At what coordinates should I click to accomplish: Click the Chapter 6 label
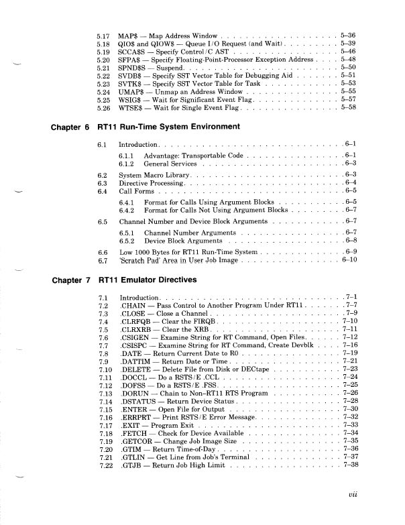pyautogui.click(x=69, y=127)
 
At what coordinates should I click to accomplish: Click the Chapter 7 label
pyautogui.click(x=69, y=278)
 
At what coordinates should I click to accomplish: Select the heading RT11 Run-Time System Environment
pyautogui.click(x=178, y=127)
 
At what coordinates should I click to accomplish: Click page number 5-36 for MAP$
pyautogui.click(x=352, y=34)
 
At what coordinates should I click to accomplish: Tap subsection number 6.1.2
pyautogui.click(x=127, y=163)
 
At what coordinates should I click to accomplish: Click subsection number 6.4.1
pyautogui.click(x=127, y=200)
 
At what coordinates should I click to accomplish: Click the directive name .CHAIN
pyautogui.click(x=132, y=305)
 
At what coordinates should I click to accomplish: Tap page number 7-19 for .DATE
pyautogui.click(x=353, y=352)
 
